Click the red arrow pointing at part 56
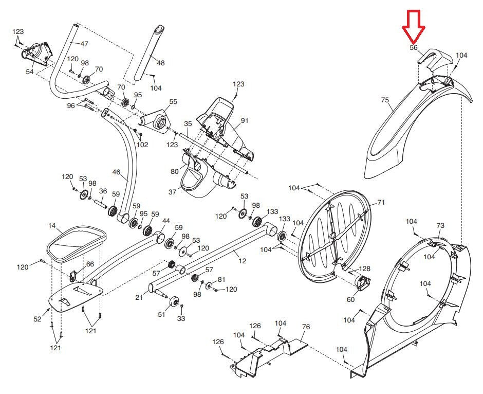414,27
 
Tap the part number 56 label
414,48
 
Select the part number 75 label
385,100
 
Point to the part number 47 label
84,44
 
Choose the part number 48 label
160,63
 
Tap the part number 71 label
381,203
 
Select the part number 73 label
440,226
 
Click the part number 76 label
306,327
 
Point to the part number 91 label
244,120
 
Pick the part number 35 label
188,123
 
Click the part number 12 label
243,261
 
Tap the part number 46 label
116,172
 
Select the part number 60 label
350,299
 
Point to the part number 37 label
172,192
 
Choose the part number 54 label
30,72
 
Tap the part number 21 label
139,297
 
